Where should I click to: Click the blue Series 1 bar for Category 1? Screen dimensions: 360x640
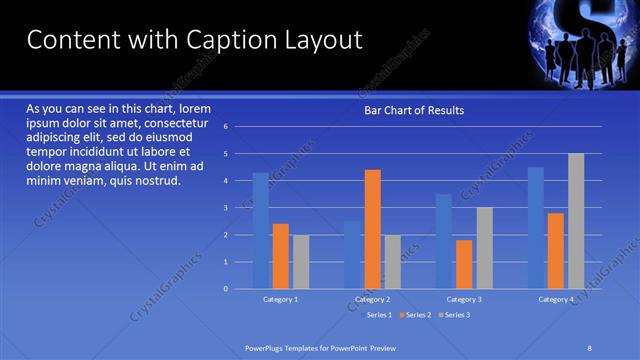pos(260,231)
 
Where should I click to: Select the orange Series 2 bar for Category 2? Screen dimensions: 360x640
pos(372,229)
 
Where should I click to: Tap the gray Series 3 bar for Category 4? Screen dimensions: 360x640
pos(576,221)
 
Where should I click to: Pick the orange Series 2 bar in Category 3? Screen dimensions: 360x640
pos(464,264)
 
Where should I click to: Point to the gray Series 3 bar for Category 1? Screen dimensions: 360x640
pos(301,261)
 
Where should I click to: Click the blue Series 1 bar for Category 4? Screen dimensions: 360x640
pos(536,228)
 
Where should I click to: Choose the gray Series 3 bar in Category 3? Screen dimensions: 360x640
pos(484,248)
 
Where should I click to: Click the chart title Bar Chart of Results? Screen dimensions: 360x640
pos(413,110)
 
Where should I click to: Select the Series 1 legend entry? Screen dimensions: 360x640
pos(375,315)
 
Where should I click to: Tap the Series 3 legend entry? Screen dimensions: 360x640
pos(452,315)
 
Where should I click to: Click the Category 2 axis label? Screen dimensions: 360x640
pos(372,299)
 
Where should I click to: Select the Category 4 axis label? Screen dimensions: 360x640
pos(556,299)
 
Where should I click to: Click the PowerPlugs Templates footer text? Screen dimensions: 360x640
pos(321,347)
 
